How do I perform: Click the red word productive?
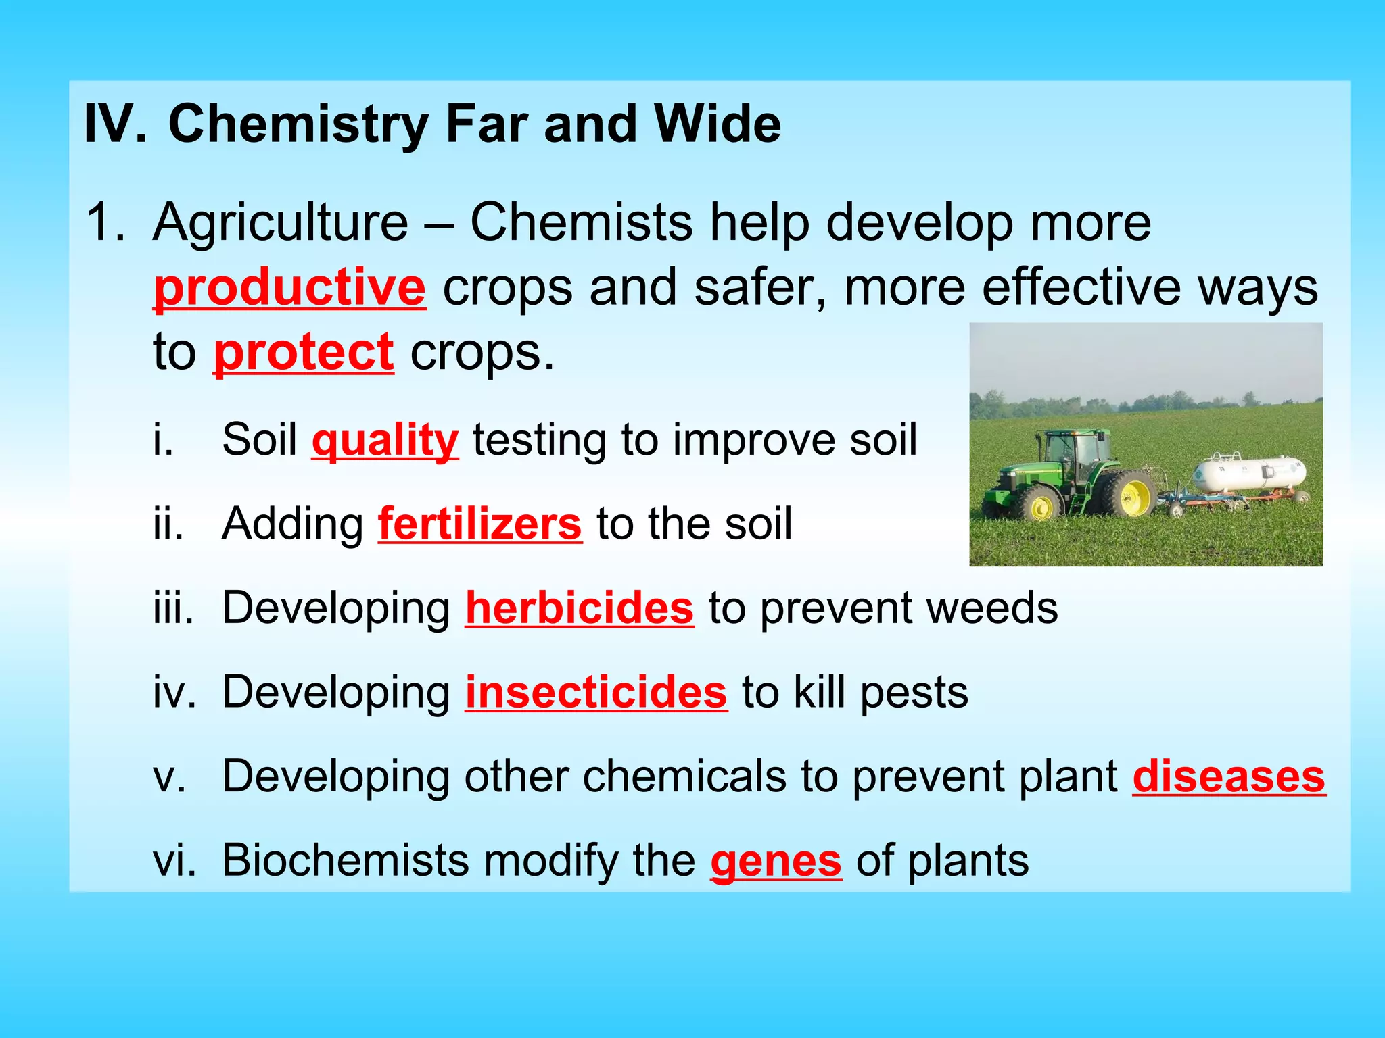pyautogui.click(x=289, y=288)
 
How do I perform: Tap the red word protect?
pyautogui.click(x=304, y=352)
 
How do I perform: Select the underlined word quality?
pyautogui.click(x=385, y=440)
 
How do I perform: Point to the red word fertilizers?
pyautogui.click(x=479, y=524)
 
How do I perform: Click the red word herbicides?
pyautogui.click(x=580, y=608)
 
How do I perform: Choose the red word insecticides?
pyautogui.click(x=596, y=693)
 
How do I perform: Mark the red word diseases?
pyautogui.click(x=1229, y=776)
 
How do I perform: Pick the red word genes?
pyautogui.click(x=776, y=861)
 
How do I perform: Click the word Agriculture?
pyautogui.click(x=281, y=222)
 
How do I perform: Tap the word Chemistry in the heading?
pyautogui.click(x=298, y=124)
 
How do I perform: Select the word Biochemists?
pyautogui.click(x=345, y=861)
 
